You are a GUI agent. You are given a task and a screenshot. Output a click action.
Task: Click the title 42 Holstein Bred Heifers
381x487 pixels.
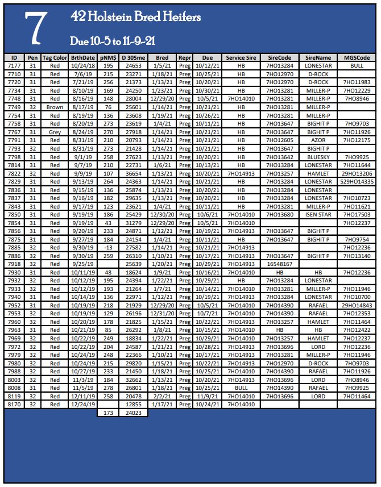(x=135, y=18)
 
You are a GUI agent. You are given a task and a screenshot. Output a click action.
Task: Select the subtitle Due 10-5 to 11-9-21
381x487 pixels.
(x=113, y=41)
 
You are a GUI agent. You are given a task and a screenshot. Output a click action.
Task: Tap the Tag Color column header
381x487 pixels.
(x=55, y=58)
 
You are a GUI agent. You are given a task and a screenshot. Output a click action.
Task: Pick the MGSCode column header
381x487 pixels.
(x=357, y=58)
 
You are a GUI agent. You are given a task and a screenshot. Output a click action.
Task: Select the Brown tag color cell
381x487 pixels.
(x=55, y=107)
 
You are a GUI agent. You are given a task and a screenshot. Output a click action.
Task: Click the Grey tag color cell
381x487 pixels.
(x=55, y=132)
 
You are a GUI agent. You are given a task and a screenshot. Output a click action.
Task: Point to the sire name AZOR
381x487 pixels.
(x=318, y=140)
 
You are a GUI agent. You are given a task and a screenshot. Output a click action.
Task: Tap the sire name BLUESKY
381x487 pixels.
(x=318, y=156)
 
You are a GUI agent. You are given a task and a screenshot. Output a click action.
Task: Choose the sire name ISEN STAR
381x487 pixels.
(x=318, y=214)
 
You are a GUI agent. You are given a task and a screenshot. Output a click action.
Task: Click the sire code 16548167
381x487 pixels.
(x=279, y=264)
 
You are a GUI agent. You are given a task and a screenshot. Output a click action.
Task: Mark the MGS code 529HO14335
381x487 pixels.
(x=357, y=181)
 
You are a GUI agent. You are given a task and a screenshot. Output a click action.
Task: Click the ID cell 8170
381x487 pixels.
(x=14, y=404)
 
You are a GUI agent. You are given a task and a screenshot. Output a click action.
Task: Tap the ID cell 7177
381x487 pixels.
(x=14, y=66)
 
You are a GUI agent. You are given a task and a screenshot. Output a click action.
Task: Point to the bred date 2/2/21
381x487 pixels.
(x=162, y=396)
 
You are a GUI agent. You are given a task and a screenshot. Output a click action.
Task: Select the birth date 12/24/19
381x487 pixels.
(x=83, y=404)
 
